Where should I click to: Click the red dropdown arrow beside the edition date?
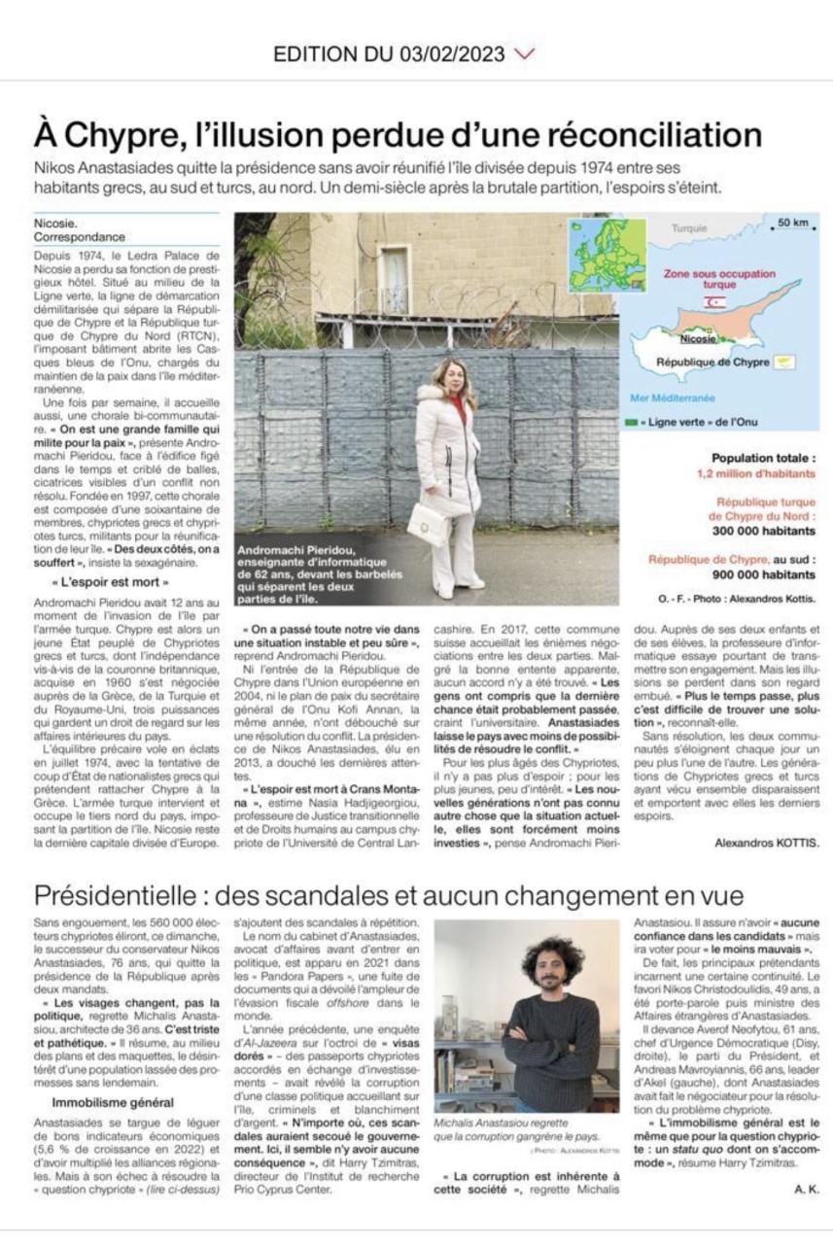(x=526, y=53)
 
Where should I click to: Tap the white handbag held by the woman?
(x=425, y=524)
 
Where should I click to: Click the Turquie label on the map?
(x=689, y=228)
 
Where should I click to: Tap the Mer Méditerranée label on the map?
(x=673, y=397)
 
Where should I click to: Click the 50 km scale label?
(x=791, y=225)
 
